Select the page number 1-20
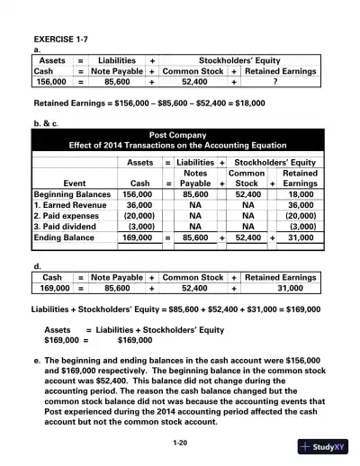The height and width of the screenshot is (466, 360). [x=179, y=444]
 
